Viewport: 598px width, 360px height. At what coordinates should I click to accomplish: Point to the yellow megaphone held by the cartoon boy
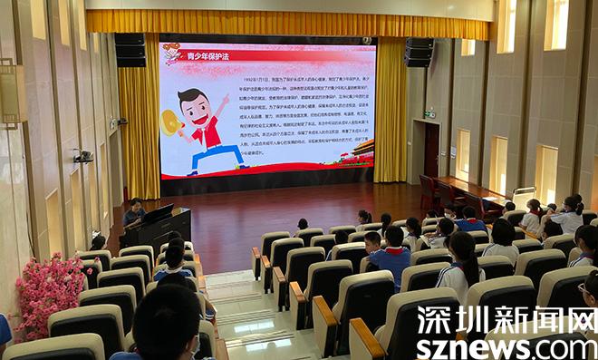point(170,122)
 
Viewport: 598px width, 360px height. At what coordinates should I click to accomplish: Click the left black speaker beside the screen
point(130,50)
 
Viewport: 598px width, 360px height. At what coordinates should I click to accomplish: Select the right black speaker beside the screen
point(419,52)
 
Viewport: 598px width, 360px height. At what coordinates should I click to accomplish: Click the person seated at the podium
point(133,212)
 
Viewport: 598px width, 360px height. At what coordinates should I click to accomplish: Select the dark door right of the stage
point(431,151)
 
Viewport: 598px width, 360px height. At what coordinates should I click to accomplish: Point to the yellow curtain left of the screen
point(139,127)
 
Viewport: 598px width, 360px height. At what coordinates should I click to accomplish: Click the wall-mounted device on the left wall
point(83,156)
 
